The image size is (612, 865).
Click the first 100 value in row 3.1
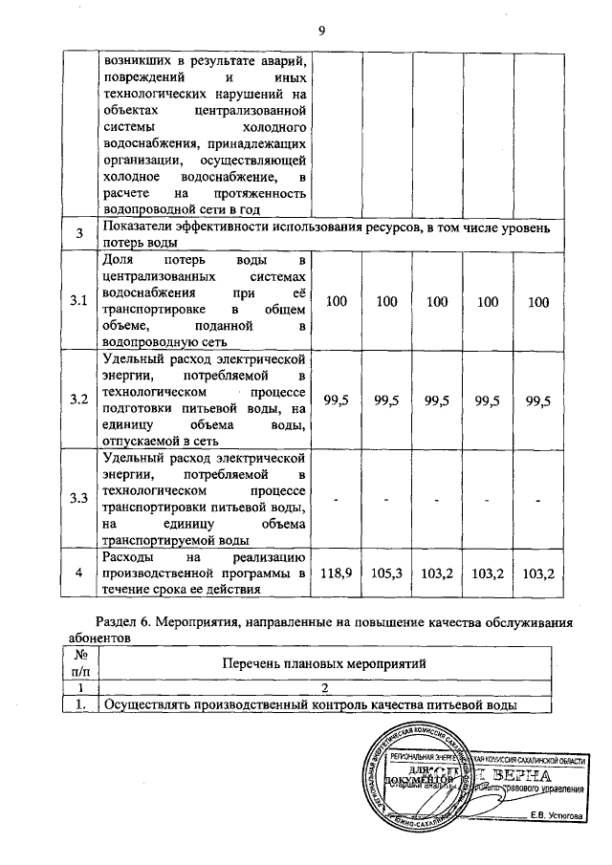click(x=335, y=302)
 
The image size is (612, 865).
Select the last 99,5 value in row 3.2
click(x=538, y=400)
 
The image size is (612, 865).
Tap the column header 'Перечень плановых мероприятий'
click(x=323, y=662)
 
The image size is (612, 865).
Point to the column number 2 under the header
click(x=323, y=688)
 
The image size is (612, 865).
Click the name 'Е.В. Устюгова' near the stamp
click(x=562, y=815)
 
